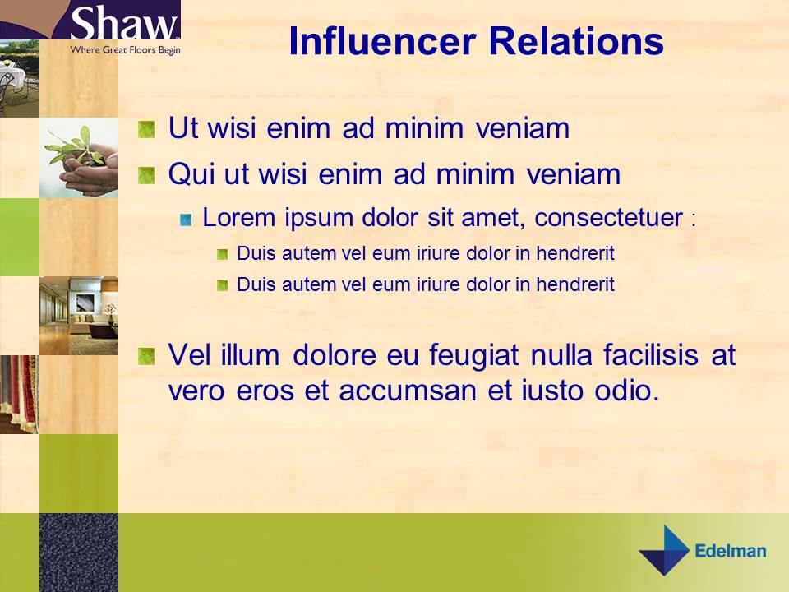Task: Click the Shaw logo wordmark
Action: pyautogui.click(x=123, y=25)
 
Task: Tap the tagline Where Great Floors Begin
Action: pyautogui.click(x=125, y=50)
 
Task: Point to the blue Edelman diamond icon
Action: pyautogui.click(x=666, y=550)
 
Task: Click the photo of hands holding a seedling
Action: pyautogui.click(x=79, y=158)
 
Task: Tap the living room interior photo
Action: pyautogui.click(x=79, y=316)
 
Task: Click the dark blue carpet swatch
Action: pyautogui.click(x=79, y=552)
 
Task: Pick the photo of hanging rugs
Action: pyautogui.click(x=20, y=395)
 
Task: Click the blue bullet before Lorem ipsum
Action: pyautogui.click(x=187, y=219)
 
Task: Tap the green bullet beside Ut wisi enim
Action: pyautogui.click(x=146, y=129)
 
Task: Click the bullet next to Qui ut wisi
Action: pyautogui.click(x=146, y=175)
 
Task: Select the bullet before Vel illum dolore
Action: pyautogui.click(x=146, y=356)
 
